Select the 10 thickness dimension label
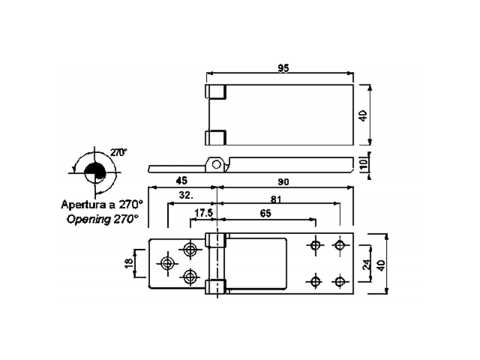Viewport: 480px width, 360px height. tap(363, 164)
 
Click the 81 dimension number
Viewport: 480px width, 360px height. tap(276, 199)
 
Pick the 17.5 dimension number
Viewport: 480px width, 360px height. tap(203, 213)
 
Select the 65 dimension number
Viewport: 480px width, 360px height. tap(265, 213)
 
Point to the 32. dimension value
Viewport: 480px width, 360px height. tap(186, 196)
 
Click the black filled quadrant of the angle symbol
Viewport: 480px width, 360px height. tap(94, 170)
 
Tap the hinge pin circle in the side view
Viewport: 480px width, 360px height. tap(216, 163)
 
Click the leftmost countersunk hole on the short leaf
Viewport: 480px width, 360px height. tap(167, 263)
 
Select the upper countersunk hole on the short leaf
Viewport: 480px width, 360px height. tap(190, 249)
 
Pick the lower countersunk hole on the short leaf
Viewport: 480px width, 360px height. tap(190, 277)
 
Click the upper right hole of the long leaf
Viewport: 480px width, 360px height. tap(340, 245)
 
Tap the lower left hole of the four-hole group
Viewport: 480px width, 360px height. tap(314, 281)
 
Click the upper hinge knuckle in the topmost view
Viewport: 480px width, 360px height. tap(216, 92)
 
